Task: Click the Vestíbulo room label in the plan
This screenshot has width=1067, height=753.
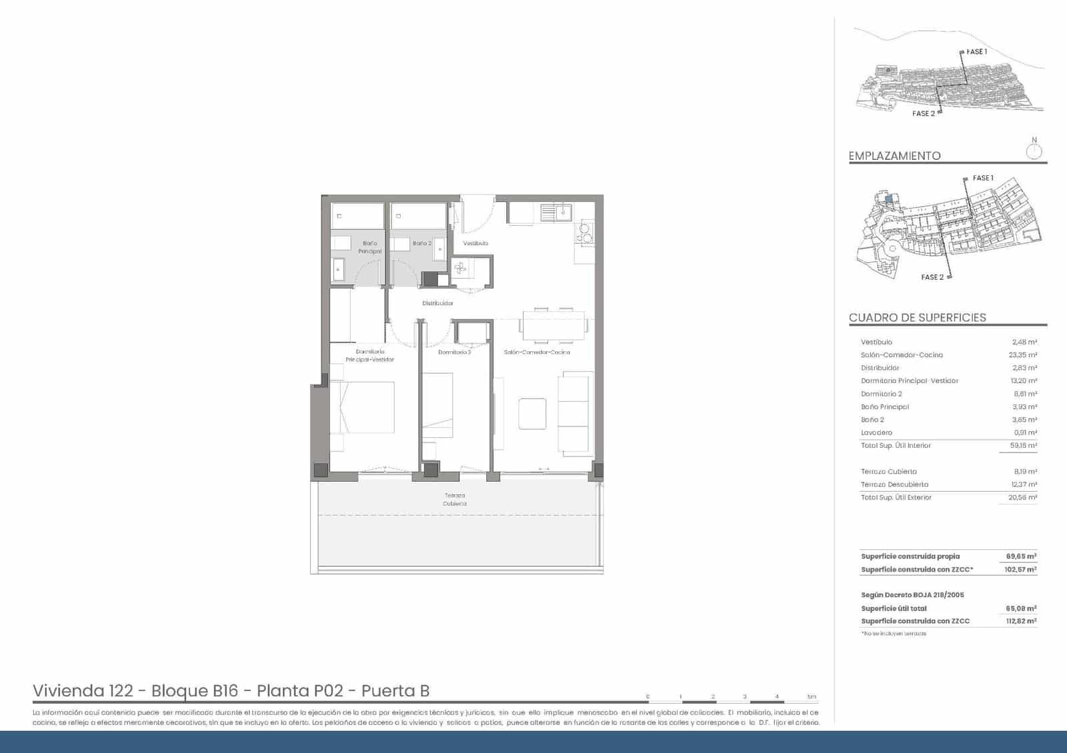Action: point(475,243)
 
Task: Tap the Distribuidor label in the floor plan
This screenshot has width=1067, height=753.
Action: point(437,303)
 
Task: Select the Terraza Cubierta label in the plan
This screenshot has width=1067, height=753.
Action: point(455,499)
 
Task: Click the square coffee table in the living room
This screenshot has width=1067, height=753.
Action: point(532,413)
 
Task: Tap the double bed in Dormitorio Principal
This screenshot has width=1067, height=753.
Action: point(367,406)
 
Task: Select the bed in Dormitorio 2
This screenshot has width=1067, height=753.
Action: point(437,405)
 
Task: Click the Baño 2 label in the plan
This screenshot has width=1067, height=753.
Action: point(421,243)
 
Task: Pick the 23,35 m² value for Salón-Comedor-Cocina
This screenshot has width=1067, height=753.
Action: point(1022,355)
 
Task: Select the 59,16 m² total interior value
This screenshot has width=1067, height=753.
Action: point(1022,446)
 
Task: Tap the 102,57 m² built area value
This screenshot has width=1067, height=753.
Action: point(1020,570)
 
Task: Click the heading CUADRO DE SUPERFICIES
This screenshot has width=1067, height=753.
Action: point(917,318)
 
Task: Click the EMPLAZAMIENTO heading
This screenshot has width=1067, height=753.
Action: point(894,156)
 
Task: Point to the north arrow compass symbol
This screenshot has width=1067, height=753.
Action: point(1034,150)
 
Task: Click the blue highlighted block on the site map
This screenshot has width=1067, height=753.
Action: point(889,198)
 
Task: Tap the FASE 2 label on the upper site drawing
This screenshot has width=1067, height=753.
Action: point(923,114)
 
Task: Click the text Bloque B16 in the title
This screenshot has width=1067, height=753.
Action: point(195,691)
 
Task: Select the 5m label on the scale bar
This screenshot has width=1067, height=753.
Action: point(811,697)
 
